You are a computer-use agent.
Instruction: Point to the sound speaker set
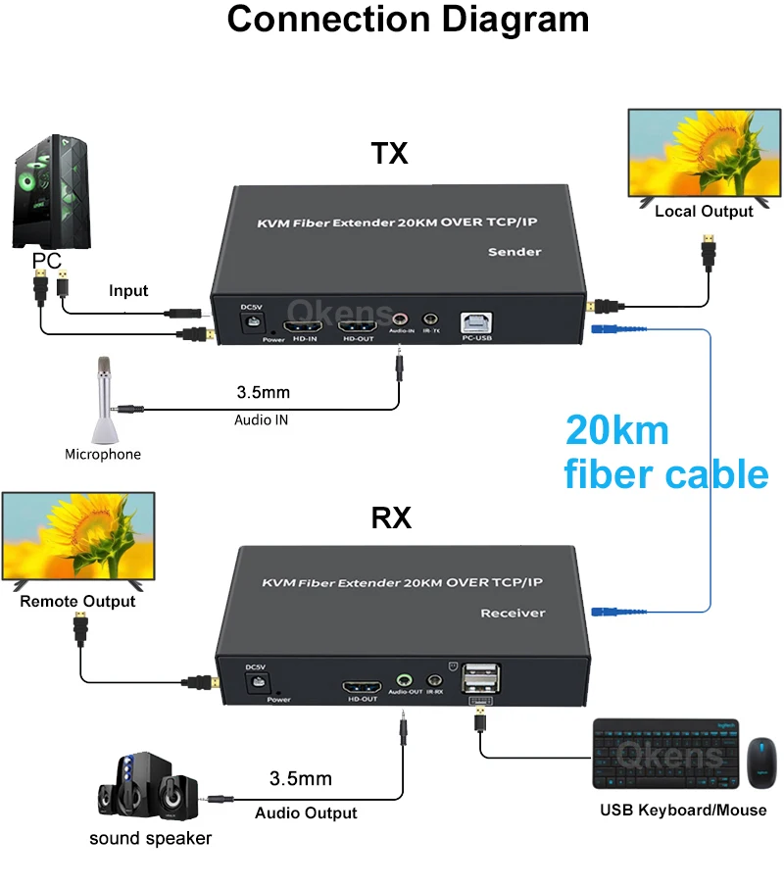[147, 790]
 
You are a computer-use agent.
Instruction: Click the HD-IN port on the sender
[300, 325]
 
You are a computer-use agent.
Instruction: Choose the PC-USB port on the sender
[477, 324]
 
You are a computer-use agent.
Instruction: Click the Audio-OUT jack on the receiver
[403, 678]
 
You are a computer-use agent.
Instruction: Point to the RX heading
[391, 518]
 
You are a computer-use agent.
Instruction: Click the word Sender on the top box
[514, 252]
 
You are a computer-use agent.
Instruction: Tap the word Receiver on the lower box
[513, 613]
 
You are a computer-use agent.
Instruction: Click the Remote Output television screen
[77, 537]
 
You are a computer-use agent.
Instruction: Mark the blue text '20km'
[616, 430]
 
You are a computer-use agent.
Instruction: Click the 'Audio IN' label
[261, 419]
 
